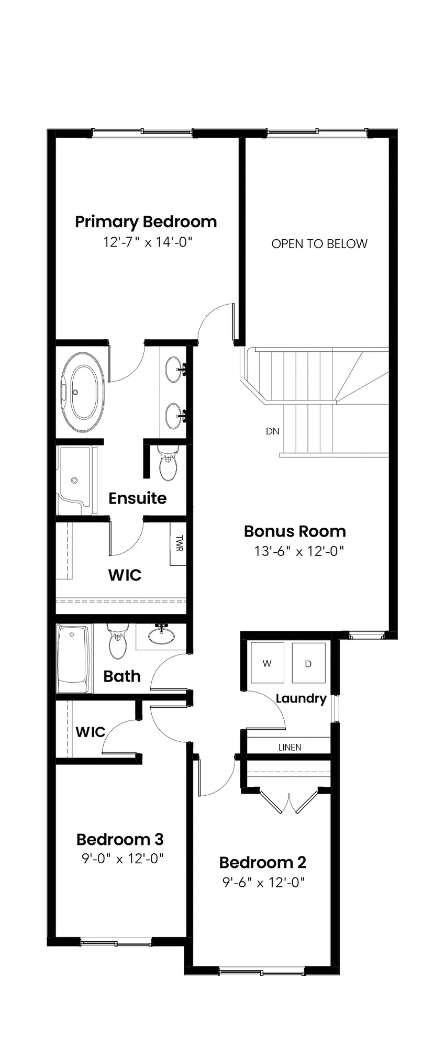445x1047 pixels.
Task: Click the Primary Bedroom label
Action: click(146, 222)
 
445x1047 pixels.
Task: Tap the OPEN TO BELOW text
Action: click(319, 243)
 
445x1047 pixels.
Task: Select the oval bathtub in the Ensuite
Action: click(83, 392)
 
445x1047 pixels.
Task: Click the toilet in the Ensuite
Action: click(168, 463)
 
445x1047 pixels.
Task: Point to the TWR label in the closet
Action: click(179, 543)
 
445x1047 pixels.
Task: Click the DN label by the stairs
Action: click(273, 431)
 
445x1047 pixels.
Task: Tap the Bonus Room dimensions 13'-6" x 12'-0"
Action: click(299, 551)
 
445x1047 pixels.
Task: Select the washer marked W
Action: click(267, 662)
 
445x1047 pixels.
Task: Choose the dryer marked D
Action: click(308, 663)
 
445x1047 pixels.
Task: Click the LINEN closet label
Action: click(290, 747)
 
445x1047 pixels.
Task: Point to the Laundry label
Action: click(301, 698)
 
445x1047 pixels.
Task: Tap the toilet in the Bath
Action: click(118, 641)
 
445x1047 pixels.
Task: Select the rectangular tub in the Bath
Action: click(74, 658)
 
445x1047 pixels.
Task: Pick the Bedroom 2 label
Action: click(263, 862)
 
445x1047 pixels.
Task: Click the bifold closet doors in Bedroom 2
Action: click(289, 800)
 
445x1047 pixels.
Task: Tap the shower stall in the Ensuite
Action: click(76, 480)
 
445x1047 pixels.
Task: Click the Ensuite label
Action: click(138, 498)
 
